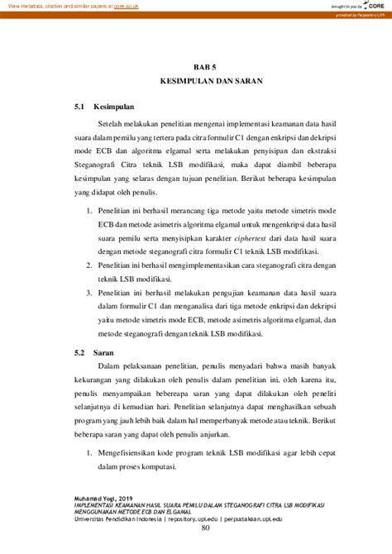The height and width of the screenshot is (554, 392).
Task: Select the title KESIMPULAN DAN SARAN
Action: click(195, 84)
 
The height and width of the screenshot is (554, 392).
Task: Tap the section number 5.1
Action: click(79, 107)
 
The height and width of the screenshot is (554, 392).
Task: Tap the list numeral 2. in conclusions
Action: click(90, 265)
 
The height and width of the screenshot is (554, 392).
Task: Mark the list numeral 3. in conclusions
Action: click(90, 294)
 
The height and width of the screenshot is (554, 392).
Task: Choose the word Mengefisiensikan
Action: click(136, 455)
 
